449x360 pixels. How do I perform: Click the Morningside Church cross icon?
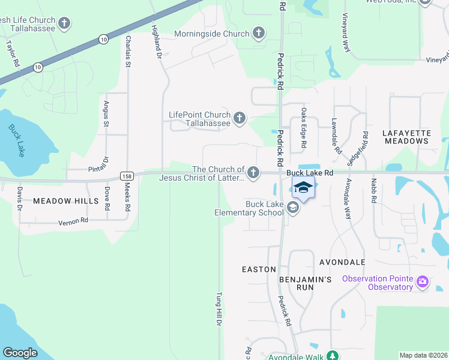click(259, 33)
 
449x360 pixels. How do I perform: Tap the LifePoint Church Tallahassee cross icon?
click(240, 118)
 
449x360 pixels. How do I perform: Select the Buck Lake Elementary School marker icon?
click(293, 208)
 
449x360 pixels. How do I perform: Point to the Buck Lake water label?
click(17, 140)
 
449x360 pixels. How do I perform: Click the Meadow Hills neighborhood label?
click(65, 201)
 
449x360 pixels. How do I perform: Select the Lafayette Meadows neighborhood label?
click(406, 137)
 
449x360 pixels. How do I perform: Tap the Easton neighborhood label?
click(259, 269)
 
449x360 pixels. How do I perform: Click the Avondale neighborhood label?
click(342, 263)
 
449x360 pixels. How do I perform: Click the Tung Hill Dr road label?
click(219, 309)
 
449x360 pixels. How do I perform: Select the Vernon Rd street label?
click(73, 221)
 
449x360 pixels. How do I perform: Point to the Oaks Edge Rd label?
click(304, 128)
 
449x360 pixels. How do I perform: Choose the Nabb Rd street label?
click(373, 190)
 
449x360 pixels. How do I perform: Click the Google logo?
click(20, 353)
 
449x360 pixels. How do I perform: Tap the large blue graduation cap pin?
click(303, 188)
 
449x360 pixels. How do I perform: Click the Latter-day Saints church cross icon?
click(253, 173)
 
